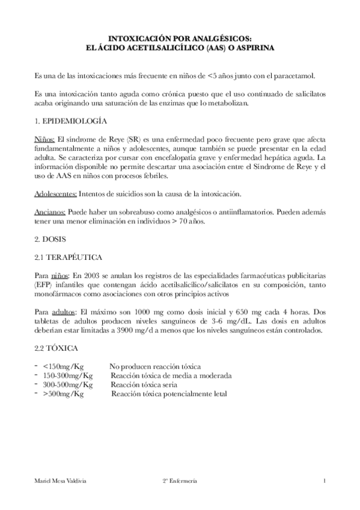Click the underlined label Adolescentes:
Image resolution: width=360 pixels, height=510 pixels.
pyautogui.click(x=56, y=194)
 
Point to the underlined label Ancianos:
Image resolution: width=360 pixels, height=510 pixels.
pyautogui.click(x=50, y=213)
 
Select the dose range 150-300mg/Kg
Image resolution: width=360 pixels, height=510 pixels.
pyautogui.click(x=67, y=376)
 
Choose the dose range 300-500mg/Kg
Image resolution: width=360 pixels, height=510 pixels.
pyautogui.click(x=67, y=385)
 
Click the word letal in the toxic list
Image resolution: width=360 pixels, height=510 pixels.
pyautogui.click(x=218, y=395)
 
